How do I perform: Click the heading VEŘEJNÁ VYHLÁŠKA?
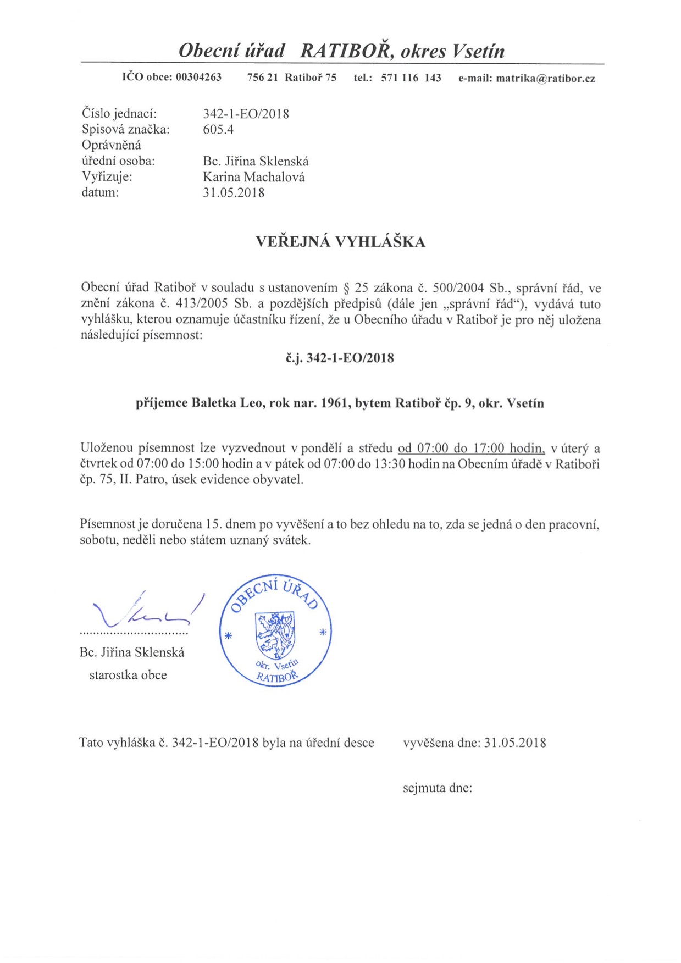pyautogui.click(x=340, y=242)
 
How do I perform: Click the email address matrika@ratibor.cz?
pyautogui.click(x=545, y=78)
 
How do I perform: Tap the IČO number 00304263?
pyautogui.click(x=198, y=78)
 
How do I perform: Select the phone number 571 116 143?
pyautogui.click(x=411, y=78)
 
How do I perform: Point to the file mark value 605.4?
pyautogui.click(x=218, y=130)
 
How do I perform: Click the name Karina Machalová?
pyautogui.click(x=253, y=177)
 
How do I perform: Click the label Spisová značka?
pyautogui.click(x=125, y=130)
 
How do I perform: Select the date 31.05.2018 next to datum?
pyautogui.click(x=234, y=193)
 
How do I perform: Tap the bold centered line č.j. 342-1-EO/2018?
pyautogui.click(x=340, y=358)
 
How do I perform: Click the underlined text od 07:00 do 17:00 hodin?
pyautogui.click(x=471, y=448)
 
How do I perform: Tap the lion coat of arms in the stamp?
pyautogui.click(x=275, y=635)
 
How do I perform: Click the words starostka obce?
pyautogui.click(x=128, y=675)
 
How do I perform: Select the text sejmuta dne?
pyautogui.click(x=438, y=788)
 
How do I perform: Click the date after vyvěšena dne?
pyautogui.click(x=515, y=743)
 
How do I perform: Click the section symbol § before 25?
pyautogui.click(x=346, y=288)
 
